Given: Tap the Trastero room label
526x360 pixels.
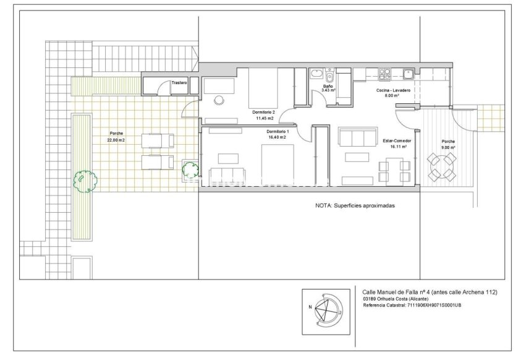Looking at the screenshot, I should click(x=179, y=82).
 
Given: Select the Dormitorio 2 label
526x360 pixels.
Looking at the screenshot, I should click(x=265, y=112).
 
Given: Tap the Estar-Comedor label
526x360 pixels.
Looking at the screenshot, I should click(x=397, y=140).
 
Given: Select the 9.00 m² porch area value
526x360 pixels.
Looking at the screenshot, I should click(x=448, y=148).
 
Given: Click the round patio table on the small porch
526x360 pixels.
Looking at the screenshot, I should click(x=443, y=166).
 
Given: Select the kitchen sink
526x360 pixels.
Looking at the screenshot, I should click(x=408, y=75).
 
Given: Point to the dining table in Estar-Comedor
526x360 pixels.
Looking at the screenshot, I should click(x=394, y=166).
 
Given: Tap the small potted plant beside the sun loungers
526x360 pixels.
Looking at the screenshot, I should click(x=189, y=168).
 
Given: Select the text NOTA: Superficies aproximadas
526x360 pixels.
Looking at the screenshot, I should click(x=355, y=206).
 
